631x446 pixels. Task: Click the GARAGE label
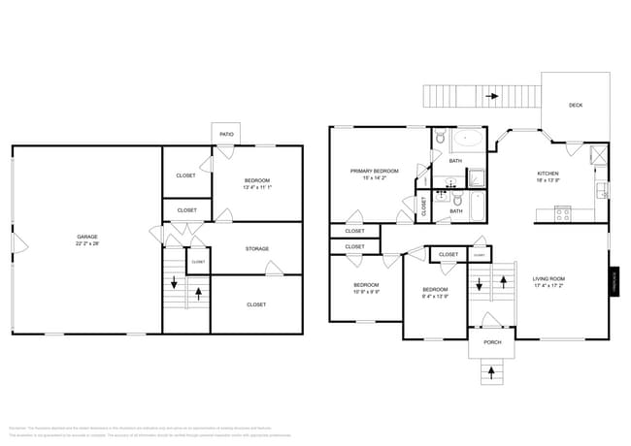[x=87, y=237]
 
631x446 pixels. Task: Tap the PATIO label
[x=226, y=134]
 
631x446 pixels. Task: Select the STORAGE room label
[x=256, y=249]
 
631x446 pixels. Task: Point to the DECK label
[x=575, y=106]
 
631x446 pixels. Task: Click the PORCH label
[x=492, y=342]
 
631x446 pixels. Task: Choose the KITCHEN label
[x=548, y=174]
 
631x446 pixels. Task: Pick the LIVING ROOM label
[x=548, y=279]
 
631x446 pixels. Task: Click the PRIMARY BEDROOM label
[x=368, y=171]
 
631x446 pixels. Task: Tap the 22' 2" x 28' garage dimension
[x=87, y=243]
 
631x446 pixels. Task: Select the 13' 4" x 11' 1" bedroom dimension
[x=256, y=187]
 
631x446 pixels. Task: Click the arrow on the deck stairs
[x=493, y=96]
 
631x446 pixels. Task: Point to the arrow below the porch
[x=491, y=370]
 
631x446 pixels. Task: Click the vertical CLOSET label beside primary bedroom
[x=424, y=206]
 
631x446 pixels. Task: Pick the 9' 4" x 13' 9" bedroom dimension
[x=435, y=297]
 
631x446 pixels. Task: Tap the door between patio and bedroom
[x=223, y=151]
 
